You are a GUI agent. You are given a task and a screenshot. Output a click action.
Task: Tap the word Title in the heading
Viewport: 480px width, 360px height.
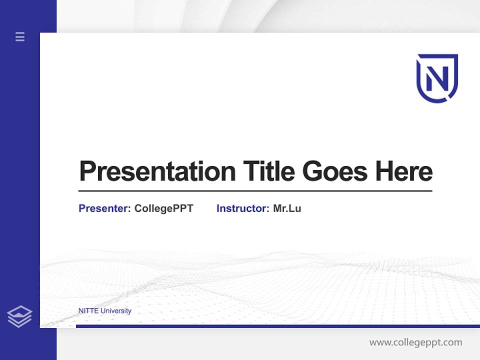[269, 171]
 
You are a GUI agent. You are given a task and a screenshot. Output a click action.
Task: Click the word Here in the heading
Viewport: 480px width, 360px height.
[403, 171]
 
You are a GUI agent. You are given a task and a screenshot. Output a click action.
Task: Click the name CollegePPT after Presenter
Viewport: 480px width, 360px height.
[163, 208]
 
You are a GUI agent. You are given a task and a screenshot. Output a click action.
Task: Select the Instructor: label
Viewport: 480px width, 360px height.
[243, 208]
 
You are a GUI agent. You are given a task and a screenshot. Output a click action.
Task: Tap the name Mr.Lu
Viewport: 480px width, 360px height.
[287, 208]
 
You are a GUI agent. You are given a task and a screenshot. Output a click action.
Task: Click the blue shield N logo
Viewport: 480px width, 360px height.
[437, 78]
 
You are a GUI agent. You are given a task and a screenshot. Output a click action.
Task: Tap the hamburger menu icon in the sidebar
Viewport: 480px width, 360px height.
[20, 36]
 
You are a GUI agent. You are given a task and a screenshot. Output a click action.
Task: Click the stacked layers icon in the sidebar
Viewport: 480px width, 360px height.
[19, 316]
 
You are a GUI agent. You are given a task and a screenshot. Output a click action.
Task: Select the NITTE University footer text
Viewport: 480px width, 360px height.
[105, 310]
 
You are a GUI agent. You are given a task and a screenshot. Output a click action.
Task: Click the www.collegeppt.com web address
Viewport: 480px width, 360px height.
[415, 342]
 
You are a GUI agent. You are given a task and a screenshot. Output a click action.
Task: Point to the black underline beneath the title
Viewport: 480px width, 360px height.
[255, 190]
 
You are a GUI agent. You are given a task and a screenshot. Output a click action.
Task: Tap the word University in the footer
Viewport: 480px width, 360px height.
[116, 310]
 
